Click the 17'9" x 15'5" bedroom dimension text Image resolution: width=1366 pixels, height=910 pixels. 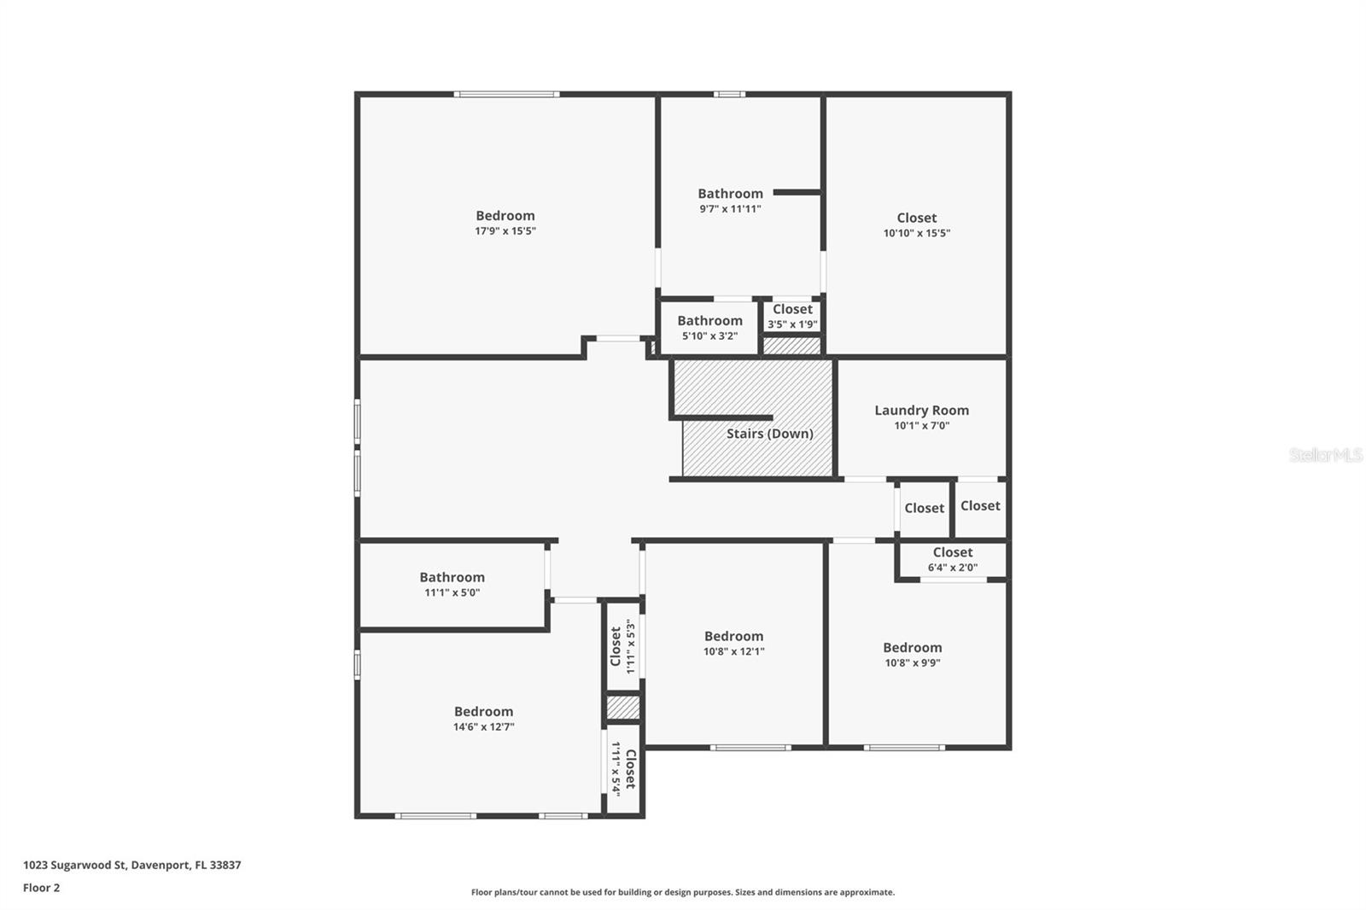pos(505,231)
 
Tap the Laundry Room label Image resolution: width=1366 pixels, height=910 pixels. pos(921,411)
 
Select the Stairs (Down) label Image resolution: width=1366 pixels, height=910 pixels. pos(769,434)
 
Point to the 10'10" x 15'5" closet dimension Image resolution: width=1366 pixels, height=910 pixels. pos(916,233)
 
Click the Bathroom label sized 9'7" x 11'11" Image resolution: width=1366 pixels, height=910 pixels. pos(730,194)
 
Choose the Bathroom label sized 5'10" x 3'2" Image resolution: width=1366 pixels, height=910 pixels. pos(709,321)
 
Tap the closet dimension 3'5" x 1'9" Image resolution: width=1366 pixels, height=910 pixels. pos(792,324)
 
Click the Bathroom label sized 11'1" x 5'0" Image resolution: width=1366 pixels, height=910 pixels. pos(452,578)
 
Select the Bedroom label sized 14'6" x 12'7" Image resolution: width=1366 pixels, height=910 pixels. pos(483,712)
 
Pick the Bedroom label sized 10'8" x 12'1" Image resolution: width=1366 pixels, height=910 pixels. pos(733,637)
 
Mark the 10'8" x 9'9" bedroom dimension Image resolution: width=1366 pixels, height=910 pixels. pos(913,663)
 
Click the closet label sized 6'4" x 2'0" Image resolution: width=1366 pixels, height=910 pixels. pos(952,553)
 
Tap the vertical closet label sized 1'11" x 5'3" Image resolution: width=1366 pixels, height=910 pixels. pos(616,646)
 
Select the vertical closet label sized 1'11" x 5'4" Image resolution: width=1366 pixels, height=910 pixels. pos(630,768)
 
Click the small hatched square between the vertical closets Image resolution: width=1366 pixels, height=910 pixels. pos(622,708)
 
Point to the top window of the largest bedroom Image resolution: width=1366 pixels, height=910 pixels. pos(506,94)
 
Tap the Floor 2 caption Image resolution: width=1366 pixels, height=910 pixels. pos(41,888)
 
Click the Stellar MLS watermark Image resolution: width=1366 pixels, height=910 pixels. pos(1325,456)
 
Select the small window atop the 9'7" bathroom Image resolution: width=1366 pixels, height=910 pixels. pos(729,94)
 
